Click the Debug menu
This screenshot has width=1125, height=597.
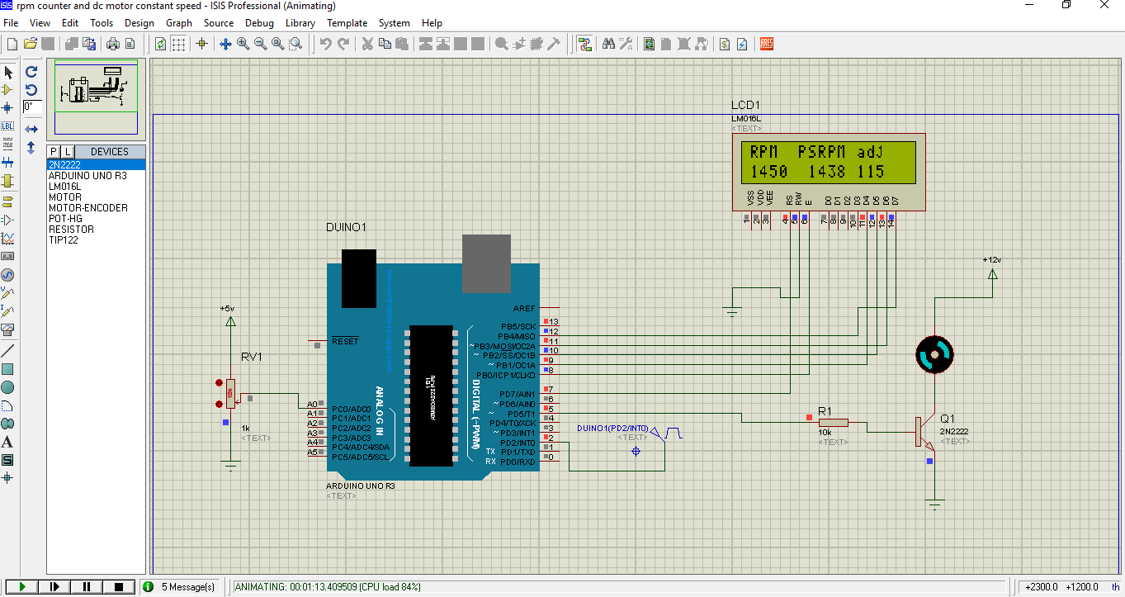259,23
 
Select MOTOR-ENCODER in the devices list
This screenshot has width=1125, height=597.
87,208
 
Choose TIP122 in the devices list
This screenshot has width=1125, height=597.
63,240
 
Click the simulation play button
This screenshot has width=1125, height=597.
22,586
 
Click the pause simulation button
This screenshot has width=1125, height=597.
87,586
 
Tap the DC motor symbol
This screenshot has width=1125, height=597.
934,354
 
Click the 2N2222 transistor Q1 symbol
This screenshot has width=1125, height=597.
922,432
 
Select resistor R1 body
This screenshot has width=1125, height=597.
833,422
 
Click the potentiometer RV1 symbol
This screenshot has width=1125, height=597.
230,394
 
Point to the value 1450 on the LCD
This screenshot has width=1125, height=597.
768,172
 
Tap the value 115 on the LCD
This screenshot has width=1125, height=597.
870,172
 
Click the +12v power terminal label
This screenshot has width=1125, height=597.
991,259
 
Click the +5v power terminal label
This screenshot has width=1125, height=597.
227,308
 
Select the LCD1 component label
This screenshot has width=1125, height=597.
745,106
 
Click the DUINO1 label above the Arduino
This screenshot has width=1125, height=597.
346,227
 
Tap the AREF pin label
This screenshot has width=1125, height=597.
523,308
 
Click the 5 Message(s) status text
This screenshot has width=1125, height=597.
187,587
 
